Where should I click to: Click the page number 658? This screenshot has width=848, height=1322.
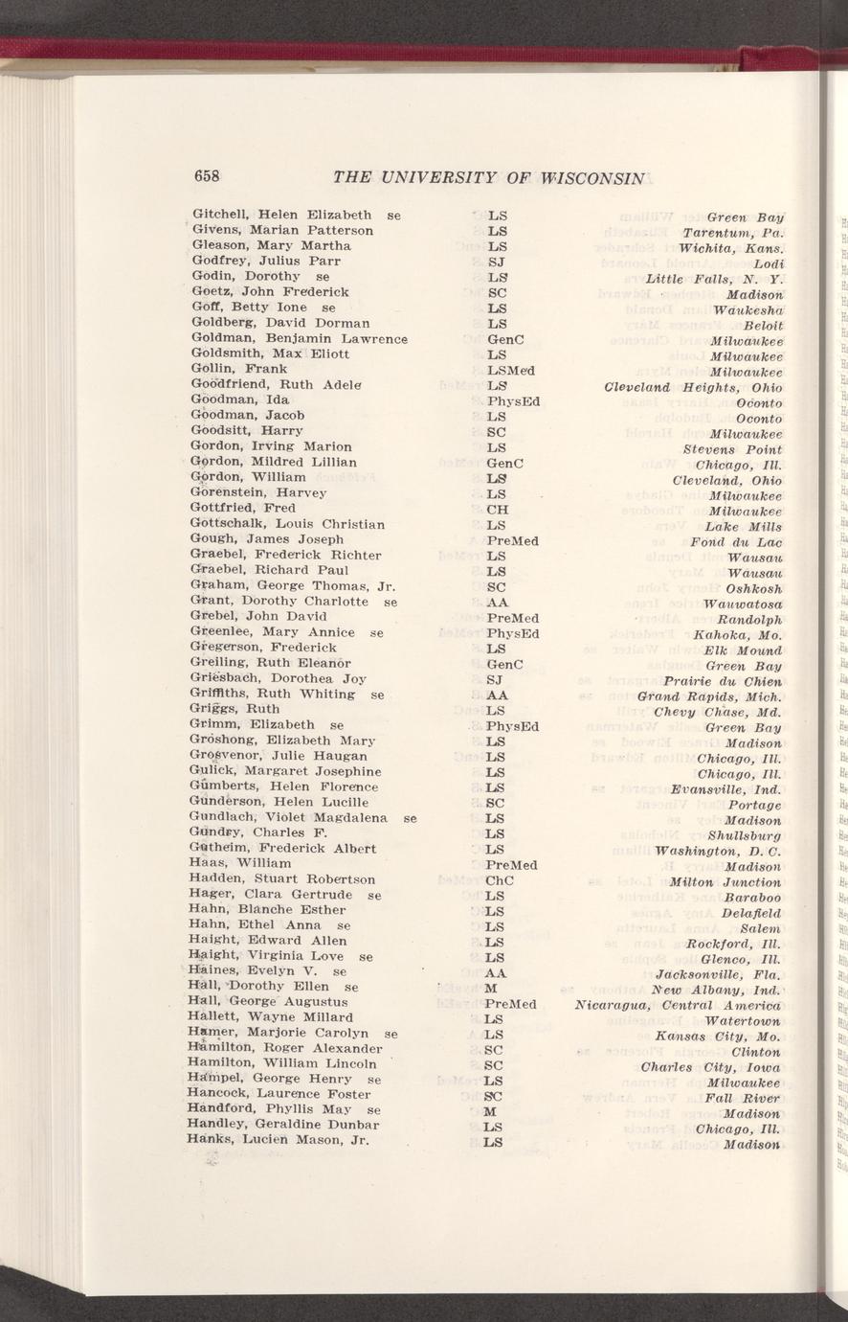coord(208,176)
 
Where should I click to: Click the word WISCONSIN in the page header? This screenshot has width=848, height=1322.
coord(594,177)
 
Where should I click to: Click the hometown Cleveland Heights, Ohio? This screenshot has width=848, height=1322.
coord(694,388)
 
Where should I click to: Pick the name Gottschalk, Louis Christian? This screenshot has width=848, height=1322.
coord(289,524)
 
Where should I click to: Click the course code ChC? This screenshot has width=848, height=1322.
coord(501,878)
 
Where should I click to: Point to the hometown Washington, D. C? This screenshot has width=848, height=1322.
coord(719,852)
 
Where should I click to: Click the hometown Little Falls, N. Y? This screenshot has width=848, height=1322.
coord(714,280)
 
